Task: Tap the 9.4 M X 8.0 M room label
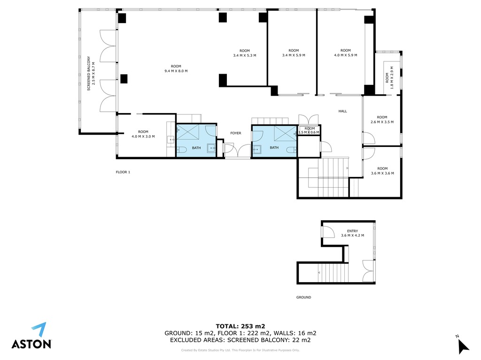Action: [x=176, y=69]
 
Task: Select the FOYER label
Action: [x=236, y=133]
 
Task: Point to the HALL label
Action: [x=342, y=111]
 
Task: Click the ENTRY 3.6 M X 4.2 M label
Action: [x=352, y=233]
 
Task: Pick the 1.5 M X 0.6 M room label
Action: [x=310, y=130]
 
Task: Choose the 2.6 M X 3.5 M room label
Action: [x=382, y=120]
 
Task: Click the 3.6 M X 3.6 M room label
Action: [x=382, y=171]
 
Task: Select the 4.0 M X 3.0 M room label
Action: [x=143, y=134]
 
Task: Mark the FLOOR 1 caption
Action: [x=123, y=172]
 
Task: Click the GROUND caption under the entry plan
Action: [x=304, y=297]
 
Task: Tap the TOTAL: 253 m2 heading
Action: [x=240, y=326]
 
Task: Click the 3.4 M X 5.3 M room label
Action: [x=244, y=53]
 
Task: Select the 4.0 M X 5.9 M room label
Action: [x=345, y=53]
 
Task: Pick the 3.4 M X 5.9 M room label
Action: [x=294, y=53]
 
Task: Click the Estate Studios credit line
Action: [x=240, y=350]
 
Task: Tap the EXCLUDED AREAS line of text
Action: [x=240, y=340]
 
